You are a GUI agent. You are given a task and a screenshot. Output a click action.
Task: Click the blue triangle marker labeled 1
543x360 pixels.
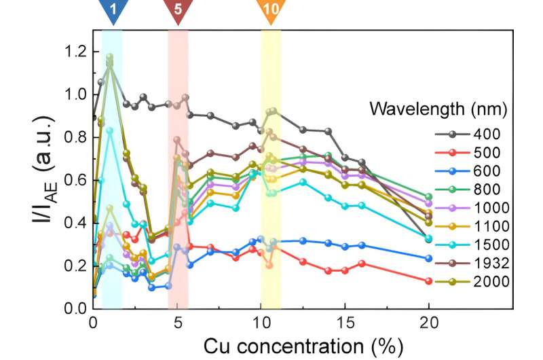coord(111,11)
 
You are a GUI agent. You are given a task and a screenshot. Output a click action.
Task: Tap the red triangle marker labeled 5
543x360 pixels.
coord(178,11)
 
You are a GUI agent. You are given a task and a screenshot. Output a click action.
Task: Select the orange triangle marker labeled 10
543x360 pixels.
coord(271,11)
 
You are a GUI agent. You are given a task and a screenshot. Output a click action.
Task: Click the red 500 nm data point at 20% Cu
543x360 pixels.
coord(429,281)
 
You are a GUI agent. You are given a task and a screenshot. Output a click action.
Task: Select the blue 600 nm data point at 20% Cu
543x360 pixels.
coord(429,258)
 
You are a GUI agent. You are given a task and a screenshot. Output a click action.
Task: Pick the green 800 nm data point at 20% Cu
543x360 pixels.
coord(429,197)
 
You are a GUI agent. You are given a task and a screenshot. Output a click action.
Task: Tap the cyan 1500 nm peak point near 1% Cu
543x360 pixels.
coord(110,130)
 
